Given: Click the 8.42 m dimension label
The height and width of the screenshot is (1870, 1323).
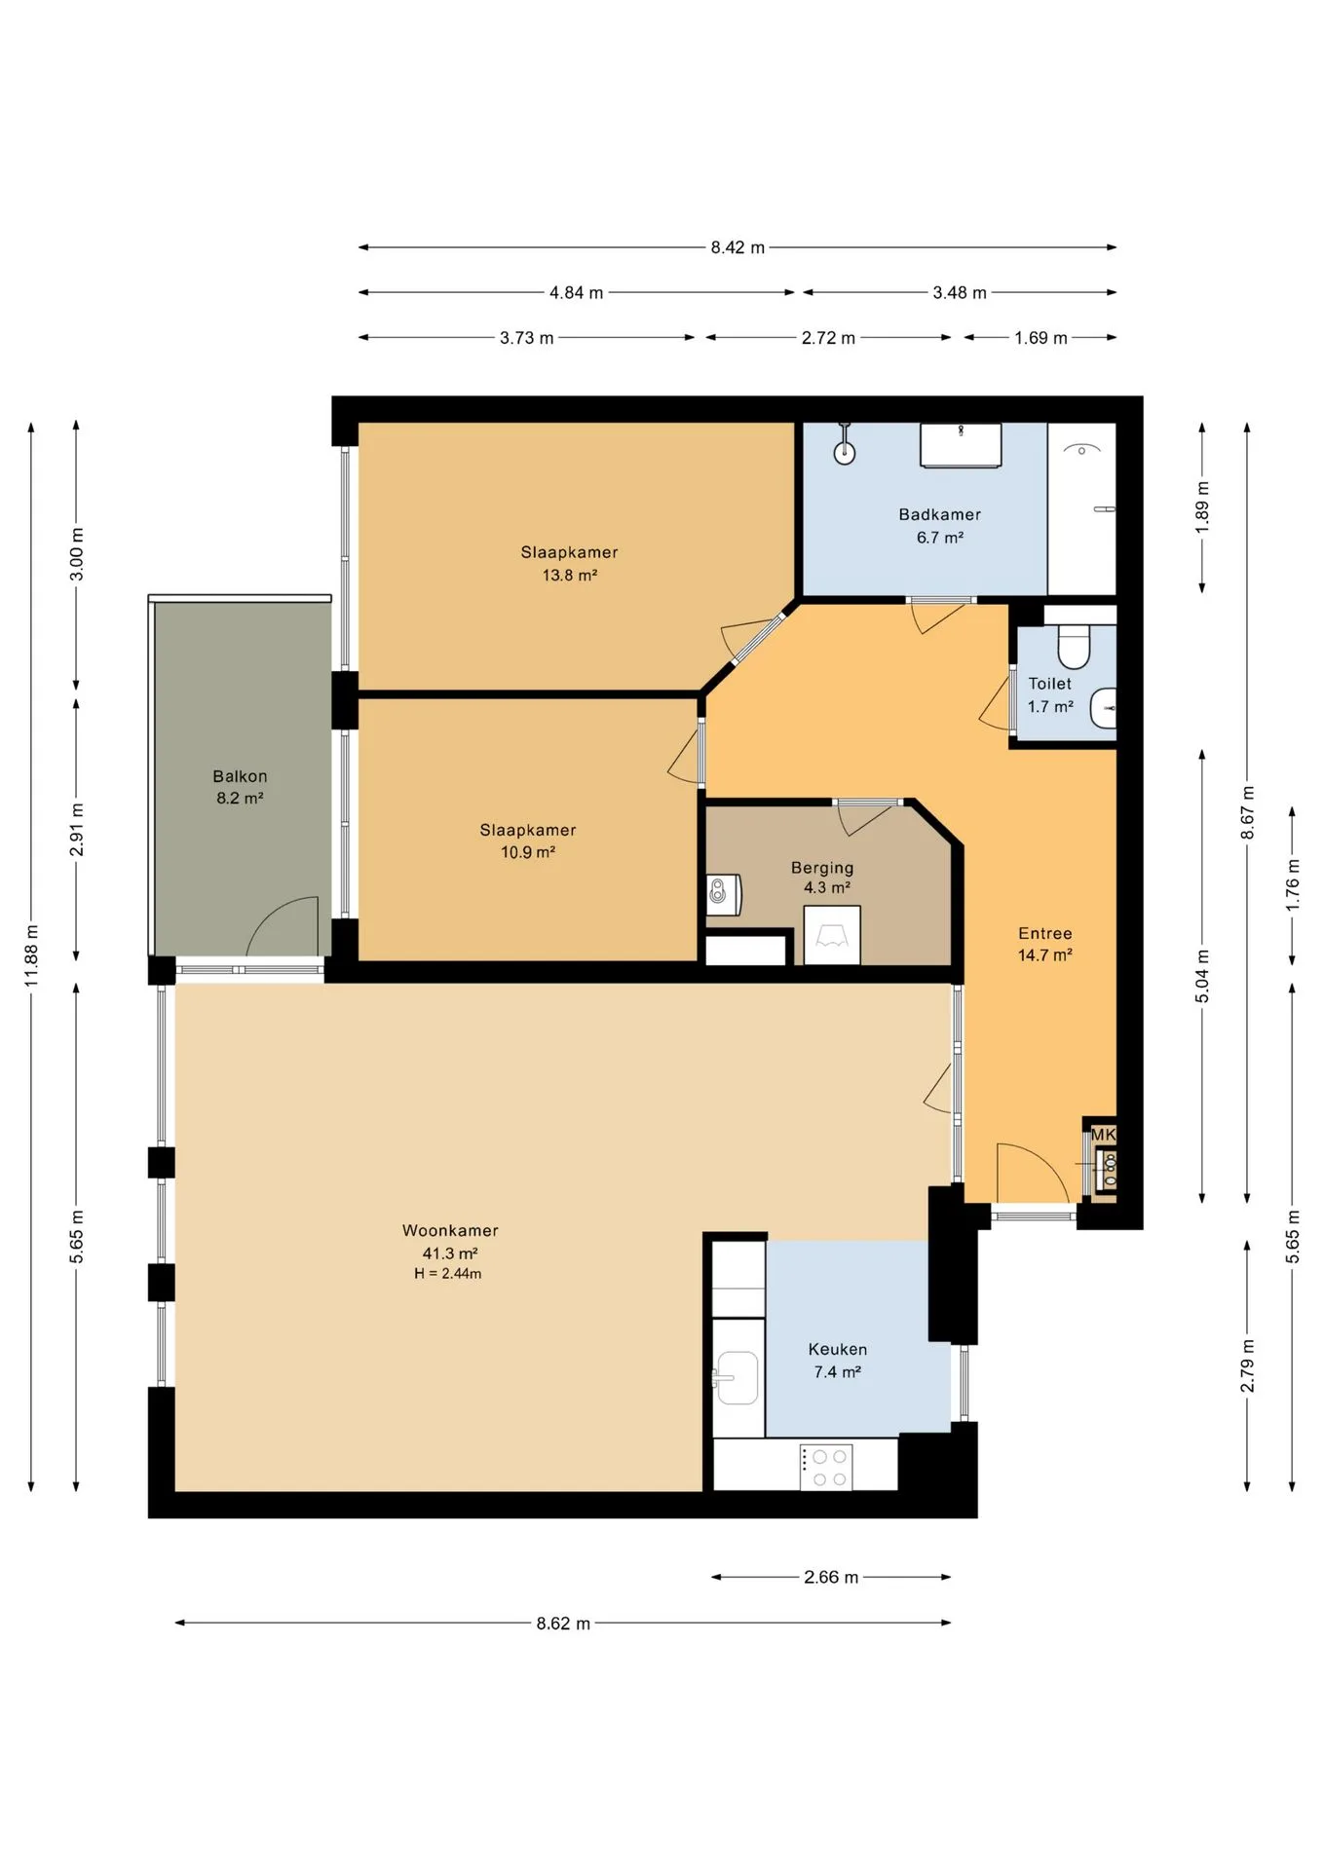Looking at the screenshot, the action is tap(737, 247).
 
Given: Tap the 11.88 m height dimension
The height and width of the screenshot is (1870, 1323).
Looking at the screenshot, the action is tap(31, 955).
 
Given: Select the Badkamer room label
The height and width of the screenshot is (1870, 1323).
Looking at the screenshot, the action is tap(939, 514).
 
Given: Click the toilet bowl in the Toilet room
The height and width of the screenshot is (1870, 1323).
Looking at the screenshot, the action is tap(1074, 643).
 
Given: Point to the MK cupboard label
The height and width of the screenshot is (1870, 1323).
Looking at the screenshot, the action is tap(1103, 1135).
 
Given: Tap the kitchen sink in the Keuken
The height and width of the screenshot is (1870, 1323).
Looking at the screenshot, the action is tap(737, 1378).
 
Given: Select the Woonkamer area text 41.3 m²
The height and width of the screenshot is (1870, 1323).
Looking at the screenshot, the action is tap(450, 1253).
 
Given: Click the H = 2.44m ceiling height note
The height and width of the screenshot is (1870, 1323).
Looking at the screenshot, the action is tap(448, 1274).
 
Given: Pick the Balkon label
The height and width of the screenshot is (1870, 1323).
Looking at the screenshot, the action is tap(240, 776).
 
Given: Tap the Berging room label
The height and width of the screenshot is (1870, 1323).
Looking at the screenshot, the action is tap(822, 868).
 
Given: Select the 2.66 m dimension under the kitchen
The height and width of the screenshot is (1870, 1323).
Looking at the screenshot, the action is tap(831, 1577).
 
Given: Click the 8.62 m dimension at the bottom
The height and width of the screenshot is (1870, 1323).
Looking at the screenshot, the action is tap(563, 1623).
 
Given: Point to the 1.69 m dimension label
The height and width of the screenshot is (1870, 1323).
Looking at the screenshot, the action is tap(1040, 338).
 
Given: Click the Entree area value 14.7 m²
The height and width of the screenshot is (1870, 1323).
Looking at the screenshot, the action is tap(1045, 955).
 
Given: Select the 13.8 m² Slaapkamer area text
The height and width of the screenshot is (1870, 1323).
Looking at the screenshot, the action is tap(570, 576).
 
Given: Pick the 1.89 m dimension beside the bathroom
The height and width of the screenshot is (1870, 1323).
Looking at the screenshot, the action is tap(1202, 506).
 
